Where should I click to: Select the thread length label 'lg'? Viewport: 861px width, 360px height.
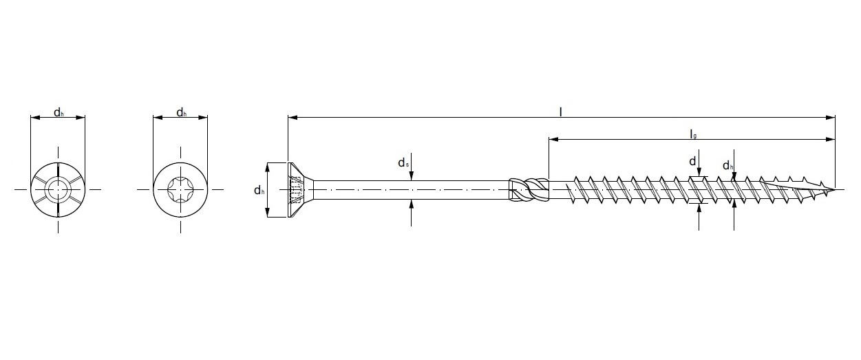pos(693,134)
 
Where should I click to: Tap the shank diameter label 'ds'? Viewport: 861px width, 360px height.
pos(403,163)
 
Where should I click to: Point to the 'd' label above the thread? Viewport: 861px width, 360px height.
pos(692,161)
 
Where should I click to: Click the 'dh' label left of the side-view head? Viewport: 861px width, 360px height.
pos(259,191)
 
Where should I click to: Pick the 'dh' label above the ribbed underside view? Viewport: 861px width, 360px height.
pos(59,113)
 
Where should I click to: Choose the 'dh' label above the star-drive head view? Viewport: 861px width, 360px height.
pos(180,113)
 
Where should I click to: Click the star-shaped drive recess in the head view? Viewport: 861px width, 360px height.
pos(180,189)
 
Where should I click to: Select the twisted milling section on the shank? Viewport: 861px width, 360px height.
pos(529,189)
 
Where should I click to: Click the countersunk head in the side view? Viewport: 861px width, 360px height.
pos(296,189)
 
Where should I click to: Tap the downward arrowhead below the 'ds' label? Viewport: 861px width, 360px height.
pos(411,176)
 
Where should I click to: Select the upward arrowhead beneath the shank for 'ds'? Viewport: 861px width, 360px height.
pos(411,204)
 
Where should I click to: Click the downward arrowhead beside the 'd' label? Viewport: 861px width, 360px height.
pos(699,172)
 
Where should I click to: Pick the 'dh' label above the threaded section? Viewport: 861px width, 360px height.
pos(727,166)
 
